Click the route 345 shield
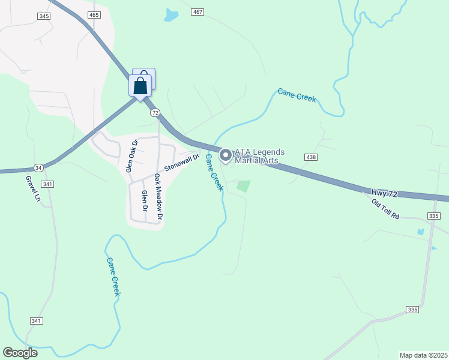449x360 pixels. (x=43, y=16)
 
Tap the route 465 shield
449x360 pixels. (x=93, y=14)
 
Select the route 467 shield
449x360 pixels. (x=197, y=12)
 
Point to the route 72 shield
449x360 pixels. (x=155, y=112)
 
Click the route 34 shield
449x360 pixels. (x=38, y=167)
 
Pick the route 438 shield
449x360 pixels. (x=310, y=157)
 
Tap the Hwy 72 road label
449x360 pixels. (x=384, y=193)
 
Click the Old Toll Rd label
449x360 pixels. (x=385, y=209)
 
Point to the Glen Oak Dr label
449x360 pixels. (x=131, y=156)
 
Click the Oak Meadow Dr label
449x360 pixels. (x=158, y=197)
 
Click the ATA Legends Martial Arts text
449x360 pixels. (x=259, y=156)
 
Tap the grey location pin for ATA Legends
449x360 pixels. (x=226, y=155)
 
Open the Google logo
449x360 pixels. (x=20, y=353)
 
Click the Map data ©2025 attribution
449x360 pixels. (x=423, y=355)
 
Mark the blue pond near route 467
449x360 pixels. (x=172, y=14)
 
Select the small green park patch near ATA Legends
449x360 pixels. (x=243, y=186)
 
